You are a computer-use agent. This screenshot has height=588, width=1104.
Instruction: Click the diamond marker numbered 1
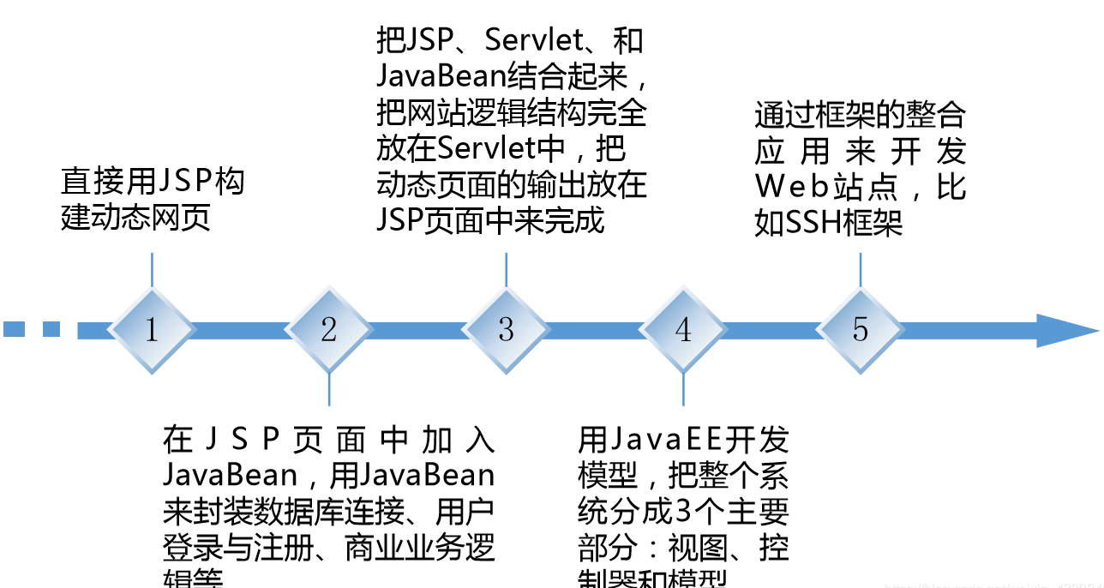152,330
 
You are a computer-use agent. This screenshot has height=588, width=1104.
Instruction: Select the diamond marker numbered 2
329,330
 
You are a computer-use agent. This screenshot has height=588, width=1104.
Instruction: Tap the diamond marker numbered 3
506,330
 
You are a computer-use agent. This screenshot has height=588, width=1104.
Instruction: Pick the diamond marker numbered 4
683,330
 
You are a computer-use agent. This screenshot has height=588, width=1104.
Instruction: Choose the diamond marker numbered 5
860,330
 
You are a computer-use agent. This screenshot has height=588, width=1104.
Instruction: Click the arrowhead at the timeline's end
1066,330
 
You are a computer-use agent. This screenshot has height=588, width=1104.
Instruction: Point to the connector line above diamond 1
152,269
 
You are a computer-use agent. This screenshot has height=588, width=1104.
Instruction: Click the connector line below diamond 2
329,390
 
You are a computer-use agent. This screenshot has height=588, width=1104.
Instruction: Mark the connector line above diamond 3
506,269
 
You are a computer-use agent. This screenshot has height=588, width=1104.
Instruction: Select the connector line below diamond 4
683,390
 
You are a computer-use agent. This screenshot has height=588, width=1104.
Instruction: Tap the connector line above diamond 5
860,269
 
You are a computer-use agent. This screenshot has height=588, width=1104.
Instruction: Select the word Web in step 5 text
789,187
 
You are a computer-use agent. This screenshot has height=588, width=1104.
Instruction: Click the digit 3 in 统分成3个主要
682,512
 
